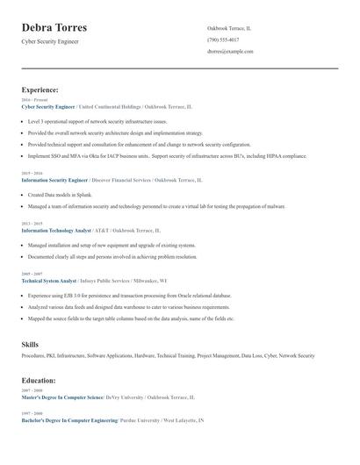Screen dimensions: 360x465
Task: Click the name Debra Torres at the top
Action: coord(54,28)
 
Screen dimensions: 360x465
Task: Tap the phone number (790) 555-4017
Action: coord(223,40)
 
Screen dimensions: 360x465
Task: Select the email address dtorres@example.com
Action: coord(230,52)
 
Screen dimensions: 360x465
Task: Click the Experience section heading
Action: coord(40,89)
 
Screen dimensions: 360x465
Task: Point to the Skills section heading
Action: coord(30,345)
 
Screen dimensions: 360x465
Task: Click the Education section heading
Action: coord(39,380)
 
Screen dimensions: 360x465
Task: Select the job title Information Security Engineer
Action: coord(54,179)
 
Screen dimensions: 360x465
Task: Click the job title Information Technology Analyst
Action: coord(56,230)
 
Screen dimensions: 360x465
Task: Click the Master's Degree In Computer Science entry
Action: coord(61,397)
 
